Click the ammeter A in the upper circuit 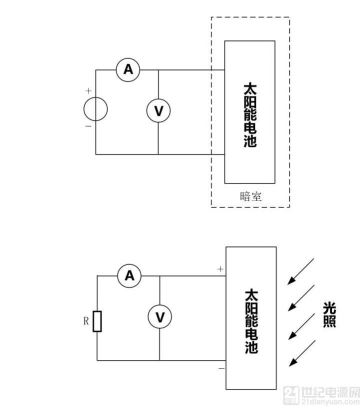point(128,70)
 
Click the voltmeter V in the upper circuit point(158,110)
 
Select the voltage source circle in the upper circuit point(95,109)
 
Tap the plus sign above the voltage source point(88,91)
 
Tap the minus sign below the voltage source point(88,126)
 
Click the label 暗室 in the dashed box point(250,196)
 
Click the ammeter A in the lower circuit point(129,275)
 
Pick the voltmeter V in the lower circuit point(160,317)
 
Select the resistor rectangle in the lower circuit point(97,321)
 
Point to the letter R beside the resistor point(85,321)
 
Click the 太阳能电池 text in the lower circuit point(251,320)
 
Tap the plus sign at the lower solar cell point(220,269)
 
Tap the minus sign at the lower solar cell point(220,368)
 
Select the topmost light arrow point(300,271)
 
